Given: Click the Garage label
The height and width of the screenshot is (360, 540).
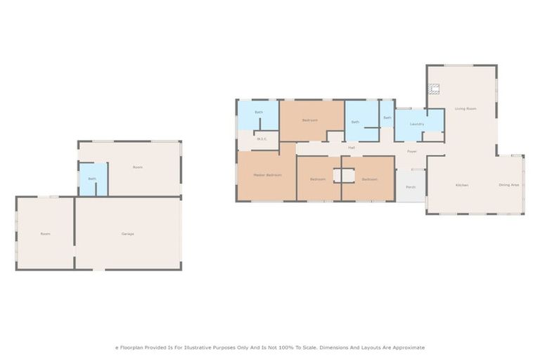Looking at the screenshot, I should click(127, 233).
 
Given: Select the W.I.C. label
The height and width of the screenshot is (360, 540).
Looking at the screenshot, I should click(261, 139).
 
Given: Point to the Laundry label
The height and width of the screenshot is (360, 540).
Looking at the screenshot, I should click(417, 125).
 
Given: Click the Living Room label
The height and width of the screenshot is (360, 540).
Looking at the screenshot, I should click(465, 108).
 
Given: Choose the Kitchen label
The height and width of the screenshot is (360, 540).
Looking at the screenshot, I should click(461, 185).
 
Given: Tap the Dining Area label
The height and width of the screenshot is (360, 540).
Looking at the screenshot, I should click(508, 185).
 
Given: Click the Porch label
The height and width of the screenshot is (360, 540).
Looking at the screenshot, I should click(410, 187).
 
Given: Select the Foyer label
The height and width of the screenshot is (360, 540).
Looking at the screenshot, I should click(411, 151).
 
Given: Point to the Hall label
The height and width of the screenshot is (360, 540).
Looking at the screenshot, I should click(351, 148).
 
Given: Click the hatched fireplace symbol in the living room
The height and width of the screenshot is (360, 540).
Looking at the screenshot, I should click(434, 89).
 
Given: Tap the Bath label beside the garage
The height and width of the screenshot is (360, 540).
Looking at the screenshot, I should click(92, 179).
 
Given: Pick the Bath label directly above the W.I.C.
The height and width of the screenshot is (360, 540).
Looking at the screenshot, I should click(259, 112).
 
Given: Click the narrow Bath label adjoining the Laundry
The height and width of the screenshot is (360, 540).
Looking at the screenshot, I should click(387, 117).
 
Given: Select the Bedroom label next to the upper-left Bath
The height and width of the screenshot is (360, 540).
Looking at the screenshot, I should click(310, 120).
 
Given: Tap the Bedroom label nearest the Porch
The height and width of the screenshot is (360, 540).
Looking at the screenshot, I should click(370, 179).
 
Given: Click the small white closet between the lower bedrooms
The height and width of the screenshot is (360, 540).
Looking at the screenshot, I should click(344, 175).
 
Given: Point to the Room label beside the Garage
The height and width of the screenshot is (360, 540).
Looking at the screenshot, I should click(45, 233).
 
